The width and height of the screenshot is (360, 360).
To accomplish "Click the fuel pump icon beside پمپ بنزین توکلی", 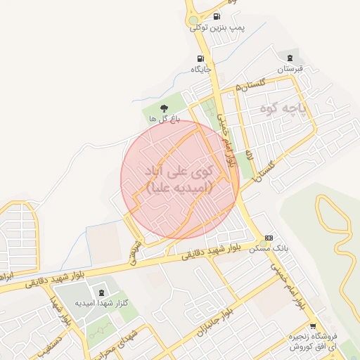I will tap(215, 15).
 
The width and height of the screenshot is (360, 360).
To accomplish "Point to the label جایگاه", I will tap(201, 70).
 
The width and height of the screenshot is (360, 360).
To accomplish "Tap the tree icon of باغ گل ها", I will tap(164, 108).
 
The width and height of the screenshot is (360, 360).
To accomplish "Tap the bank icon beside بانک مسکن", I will tap(268, 238).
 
